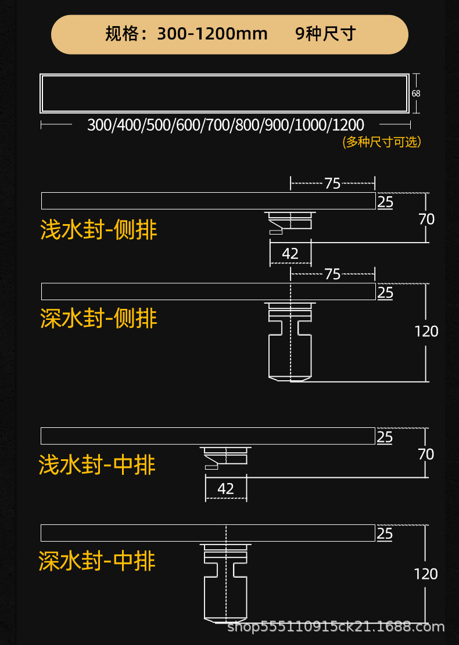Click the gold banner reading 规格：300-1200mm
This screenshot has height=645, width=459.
coord(229,34)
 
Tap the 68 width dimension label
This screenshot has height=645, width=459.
coord(415,93)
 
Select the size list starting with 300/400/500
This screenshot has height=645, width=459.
coord(225,125)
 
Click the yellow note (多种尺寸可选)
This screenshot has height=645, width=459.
coord(382,142)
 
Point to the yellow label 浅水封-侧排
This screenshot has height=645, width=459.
coord(99,230)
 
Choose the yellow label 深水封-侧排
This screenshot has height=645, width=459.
coord(99,318)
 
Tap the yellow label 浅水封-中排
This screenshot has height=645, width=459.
coord(97,465)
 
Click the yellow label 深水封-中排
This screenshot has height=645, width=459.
coord(97,561)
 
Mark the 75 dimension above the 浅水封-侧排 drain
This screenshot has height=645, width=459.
coord(332,183)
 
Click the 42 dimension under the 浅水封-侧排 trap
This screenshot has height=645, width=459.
coord(290,253)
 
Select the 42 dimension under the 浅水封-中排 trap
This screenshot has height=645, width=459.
coord(225,489)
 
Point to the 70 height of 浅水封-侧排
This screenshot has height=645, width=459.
coord(426,219)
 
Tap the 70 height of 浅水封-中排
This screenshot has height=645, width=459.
coord(426,454)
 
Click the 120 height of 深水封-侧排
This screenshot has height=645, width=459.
coord(426,331)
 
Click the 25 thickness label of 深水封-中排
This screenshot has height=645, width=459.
coord(385,533)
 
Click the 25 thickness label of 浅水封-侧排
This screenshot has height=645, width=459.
coord(385,202)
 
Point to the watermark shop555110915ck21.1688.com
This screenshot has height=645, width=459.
coord(335,627)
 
